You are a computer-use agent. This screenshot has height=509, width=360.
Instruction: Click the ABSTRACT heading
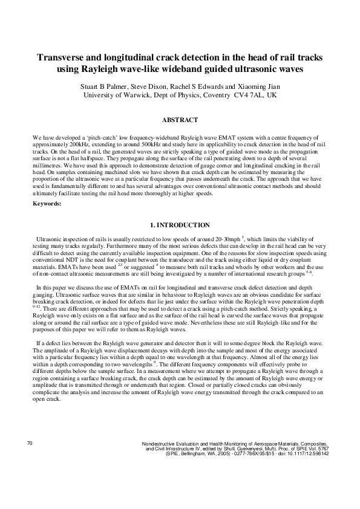pyautogui.click(x=180, y=120)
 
